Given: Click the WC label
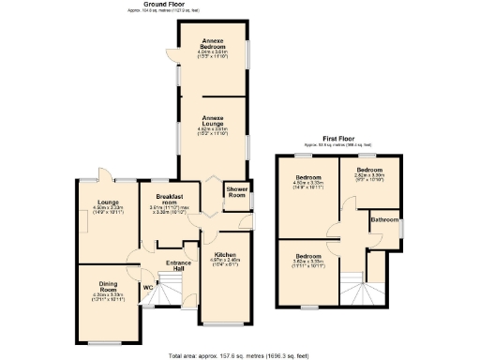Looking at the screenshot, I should point(148,287).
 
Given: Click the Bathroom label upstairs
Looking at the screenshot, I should point(384,219).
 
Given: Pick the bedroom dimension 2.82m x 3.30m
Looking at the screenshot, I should point(368,175).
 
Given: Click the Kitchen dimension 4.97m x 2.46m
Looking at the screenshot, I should point(224,262).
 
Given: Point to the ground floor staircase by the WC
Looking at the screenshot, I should point(165,293).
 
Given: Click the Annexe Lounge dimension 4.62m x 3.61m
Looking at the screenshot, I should point(215,128).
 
